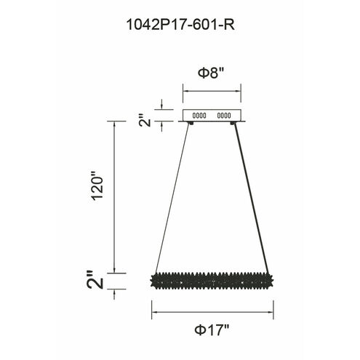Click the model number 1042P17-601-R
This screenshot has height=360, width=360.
[x=180, y=24]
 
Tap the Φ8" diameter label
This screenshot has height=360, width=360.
[x=211, y=74]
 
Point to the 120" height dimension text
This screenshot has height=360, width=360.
[x=100, y=196]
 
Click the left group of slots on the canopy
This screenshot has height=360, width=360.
[x=199, y=115]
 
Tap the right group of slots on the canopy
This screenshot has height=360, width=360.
[x=223, y=115]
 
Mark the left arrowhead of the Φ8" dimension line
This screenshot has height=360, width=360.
[x=183, y=91]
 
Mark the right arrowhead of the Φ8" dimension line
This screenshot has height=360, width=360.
[x=239, y=91]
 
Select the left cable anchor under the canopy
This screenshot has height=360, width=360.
[x=190, y=124]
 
